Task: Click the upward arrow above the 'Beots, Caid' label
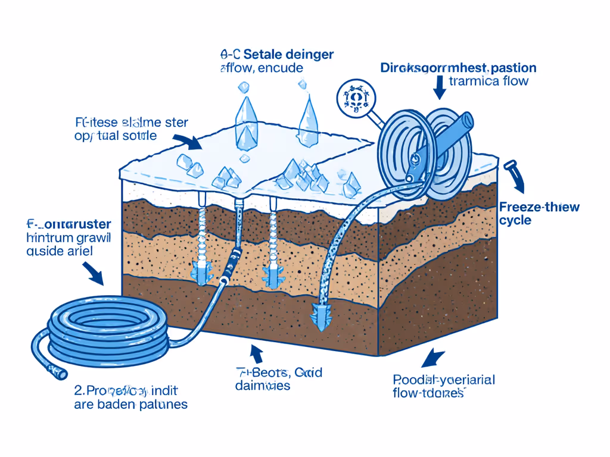coord(257,354)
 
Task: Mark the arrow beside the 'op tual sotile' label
coord(192,142)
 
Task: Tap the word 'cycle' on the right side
coord(515,220)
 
